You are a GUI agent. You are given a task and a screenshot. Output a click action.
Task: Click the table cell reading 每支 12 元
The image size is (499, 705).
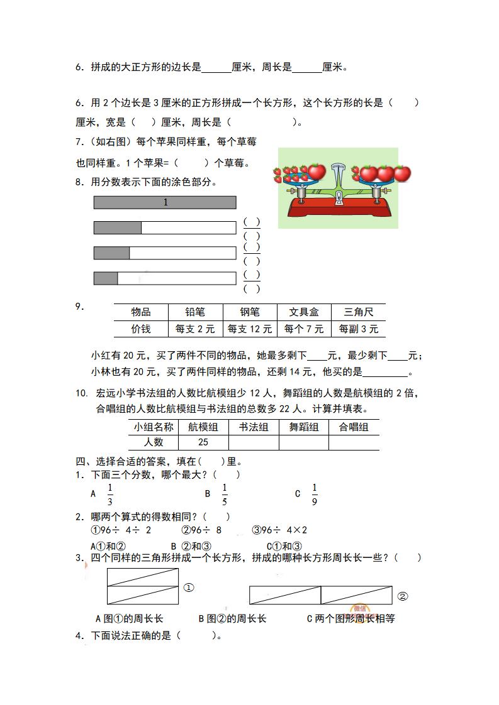click(x=249, y=329)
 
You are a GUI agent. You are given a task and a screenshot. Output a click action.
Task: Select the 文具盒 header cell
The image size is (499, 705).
click(x=303, y=312)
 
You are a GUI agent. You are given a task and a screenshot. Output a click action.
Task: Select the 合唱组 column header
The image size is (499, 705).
click(x=354, y=427)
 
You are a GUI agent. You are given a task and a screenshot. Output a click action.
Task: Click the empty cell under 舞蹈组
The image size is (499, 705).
click(x=303, y=442)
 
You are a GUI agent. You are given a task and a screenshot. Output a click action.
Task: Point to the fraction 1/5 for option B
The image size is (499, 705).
click(x=225, y=494)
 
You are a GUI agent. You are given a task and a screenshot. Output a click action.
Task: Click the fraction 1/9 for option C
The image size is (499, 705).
click(x=315, y=494)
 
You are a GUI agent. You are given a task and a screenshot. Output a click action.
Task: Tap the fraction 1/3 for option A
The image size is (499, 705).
click(x=109, y=494)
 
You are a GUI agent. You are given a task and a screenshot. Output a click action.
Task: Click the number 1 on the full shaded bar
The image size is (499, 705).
click(x=165, y=202)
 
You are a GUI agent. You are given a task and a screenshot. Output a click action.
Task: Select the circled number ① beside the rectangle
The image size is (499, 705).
click(x=188, y=587)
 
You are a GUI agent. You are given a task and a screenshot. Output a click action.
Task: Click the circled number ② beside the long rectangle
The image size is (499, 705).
click(x=403, y=596)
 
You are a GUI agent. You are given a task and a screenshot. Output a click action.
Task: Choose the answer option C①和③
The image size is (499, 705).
click(x=284, y=546)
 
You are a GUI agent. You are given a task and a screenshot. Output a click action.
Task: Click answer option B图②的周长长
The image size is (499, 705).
click(x=232, y=618)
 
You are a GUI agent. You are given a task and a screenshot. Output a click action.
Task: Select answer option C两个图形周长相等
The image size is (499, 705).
click(x=350, y=618)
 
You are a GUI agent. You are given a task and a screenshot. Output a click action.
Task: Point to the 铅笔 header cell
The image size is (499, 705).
click(x=194, y=312)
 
